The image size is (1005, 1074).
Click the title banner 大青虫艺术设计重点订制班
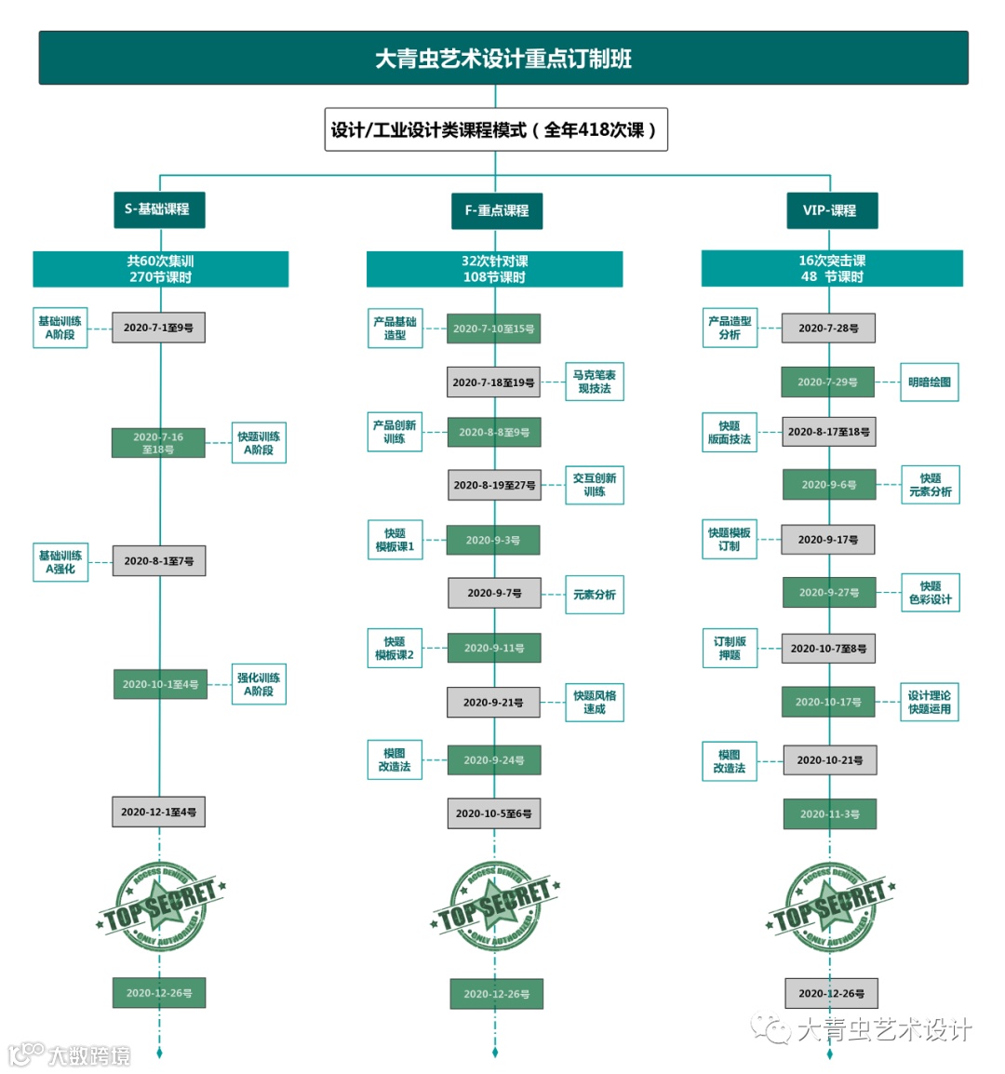tap(502, 59)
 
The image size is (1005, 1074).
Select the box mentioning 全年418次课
tap(495, 130)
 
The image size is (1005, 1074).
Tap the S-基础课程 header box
tap(158, 209)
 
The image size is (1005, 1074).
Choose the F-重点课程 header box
tap(496, 210)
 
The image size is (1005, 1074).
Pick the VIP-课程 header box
tap(830, 210)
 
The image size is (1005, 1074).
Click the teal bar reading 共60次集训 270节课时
tap(160, 269)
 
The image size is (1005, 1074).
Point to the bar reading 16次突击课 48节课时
tap(831, 269)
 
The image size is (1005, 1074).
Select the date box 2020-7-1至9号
tap(158, 328)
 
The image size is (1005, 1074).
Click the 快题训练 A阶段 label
tap(259, 443)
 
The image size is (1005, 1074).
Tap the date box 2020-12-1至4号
tap(158, 812)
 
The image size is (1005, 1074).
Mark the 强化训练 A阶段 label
tap(259, 684)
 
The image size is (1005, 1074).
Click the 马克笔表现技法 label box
tap(594, 382)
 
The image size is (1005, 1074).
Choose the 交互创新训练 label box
tap(594, 485)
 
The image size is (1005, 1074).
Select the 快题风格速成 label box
tap(594, 702)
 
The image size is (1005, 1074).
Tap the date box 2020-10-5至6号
tap(494, 813)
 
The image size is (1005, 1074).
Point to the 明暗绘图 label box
tap(929, 382)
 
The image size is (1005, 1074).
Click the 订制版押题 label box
tap(730, 649)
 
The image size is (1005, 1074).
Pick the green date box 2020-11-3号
tap(830, 814)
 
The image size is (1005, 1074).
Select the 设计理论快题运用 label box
tap(929, 702)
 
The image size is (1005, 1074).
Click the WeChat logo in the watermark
tap(772, 1028)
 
